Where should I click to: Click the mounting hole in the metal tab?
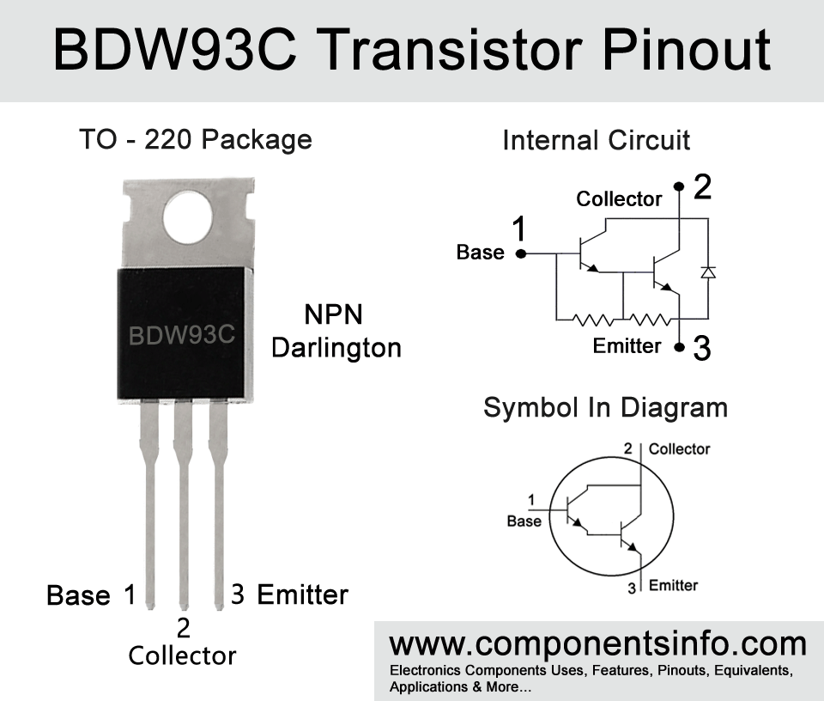tap(188, 217)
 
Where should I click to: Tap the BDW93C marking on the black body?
tap(182, 336)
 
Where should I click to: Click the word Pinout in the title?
tap(687, 51)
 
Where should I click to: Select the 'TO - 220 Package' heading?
tap(196, 139)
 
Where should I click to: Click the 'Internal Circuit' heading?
tap(596, 140)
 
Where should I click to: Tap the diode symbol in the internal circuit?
tap(708, 272)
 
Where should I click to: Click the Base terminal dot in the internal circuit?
tap(521, 254)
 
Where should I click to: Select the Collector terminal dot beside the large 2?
tap(679, 186)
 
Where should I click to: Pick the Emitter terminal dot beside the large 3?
tap(680, 348)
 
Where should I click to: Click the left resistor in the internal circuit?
tap(593, 320)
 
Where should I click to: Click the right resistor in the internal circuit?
tap(650, 320)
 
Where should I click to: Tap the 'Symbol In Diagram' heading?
tap(605, 407)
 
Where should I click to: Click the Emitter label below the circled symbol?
tap(673, 585)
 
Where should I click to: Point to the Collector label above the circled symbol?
tap(679, 449)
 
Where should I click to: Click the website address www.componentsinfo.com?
tap(598, 644)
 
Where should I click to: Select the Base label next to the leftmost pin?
tap(78, 595)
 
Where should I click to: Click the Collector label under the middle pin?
tap(182, 655)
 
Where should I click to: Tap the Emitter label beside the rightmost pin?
tap(303, 594)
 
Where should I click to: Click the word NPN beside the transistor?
tap(334, 314)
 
